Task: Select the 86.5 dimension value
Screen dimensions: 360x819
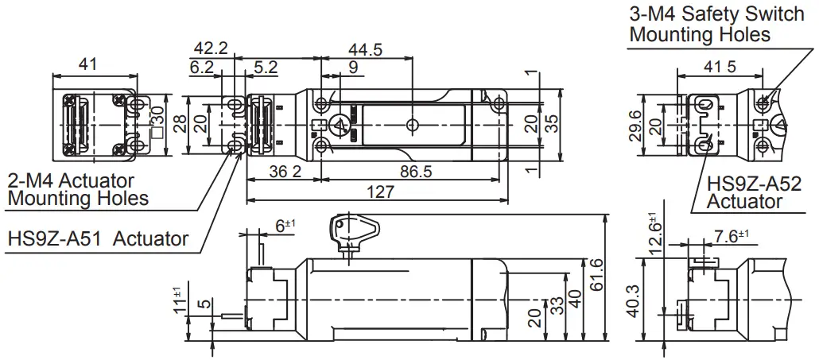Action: (x=417, y=171)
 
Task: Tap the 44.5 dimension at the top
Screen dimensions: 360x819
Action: (x=365, y=50)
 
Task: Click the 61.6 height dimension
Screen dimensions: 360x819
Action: (x=598, y=274)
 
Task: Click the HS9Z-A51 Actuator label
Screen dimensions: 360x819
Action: (x=98, y=238)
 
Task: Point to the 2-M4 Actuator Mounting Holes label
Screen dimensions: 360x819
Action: (x=78, y=190)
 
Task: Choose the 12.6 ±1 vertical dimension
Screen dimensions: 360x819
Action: (x=654, y=234)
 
